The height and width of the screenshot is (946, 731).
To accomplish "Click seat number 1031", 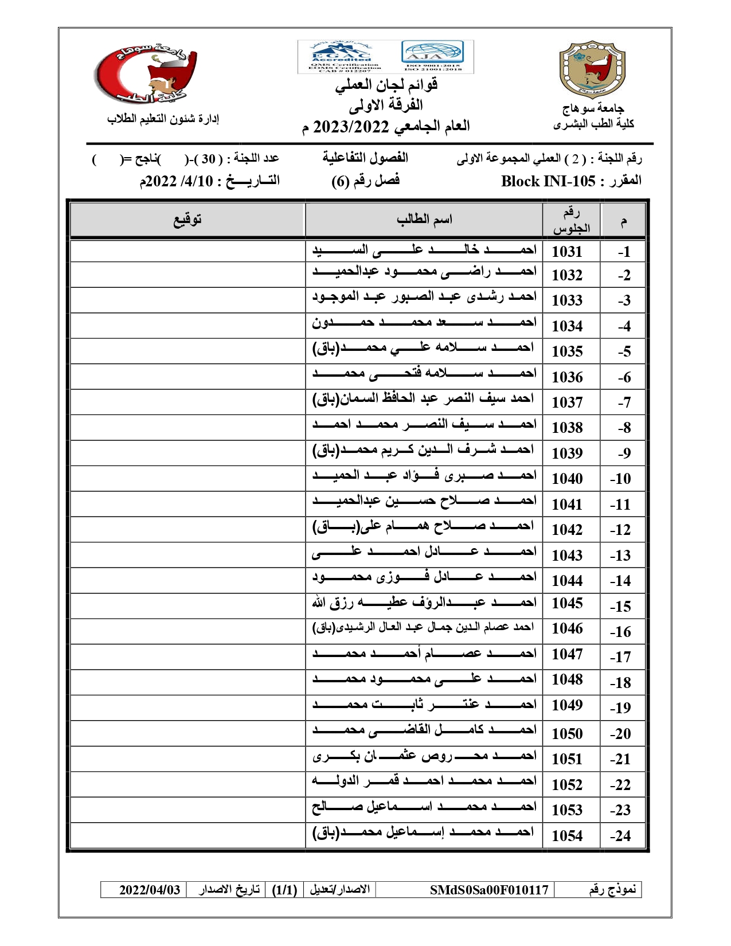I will pos(566,252).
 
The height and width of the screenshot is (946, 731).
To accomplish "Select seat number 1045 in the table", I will pos(566,603).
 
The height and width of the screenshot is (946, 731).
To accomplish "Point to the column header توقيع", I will pos(187,220).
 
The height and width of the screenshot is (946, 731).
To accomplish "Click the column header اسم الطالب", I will pos(424,220).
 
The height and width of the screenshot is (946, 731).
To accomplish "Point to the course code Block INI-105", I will pos(548,182).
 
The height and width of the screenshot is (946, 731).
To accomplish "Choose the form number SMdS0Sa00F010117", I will pos(489,890).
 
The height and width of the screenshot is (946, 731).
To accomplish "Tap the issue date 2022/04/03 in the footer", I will pos(150,890).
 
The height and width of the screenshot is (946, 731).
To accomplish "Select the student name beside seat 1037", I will pos(423,399).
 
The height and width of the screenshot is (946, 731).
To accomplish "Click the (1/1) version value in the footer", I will pos(284,890).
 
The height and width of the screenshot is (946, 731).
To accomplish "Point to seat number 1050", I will pos(566,734).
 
